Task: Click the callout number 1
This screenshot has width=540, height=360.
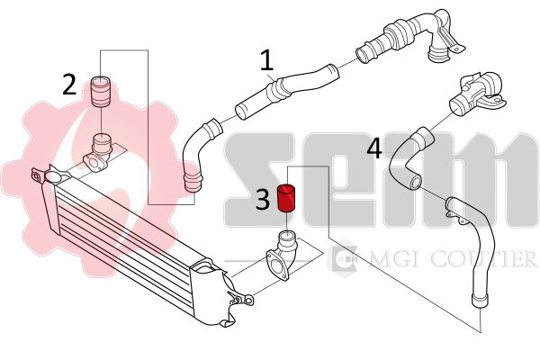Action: click(x=266, y=60)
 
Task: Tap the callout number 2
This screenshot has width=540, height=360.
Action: click(x=69, y=85)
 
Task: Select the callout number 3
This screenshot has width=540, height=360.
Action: click(x=263, y=200)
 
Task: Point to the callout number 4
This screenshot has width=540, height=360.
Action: click(x=374, y=148)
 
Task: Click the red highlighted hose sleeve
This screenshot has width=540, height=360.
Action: click(x=287, y=198)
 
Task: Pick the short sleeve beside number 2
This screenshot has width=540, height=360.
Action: click(x=100, y=92)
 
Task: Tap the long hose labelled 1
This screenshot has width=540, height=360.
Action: click(x=287, y=90)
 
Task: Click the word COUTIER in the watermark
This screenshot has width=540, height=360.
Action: click(x=483, y=259)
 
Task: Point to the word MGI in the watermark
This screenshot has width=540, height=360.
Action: click(x=392, y=259)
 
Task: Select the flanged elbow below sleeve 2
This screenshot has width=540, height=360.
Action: click(x=98, y=154)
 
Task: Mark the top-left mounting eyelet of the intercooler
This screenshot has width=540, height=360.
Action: click(x=36, y=175)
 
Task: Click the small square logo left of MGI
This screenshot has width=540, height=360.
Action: click(x=343, y=256)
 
